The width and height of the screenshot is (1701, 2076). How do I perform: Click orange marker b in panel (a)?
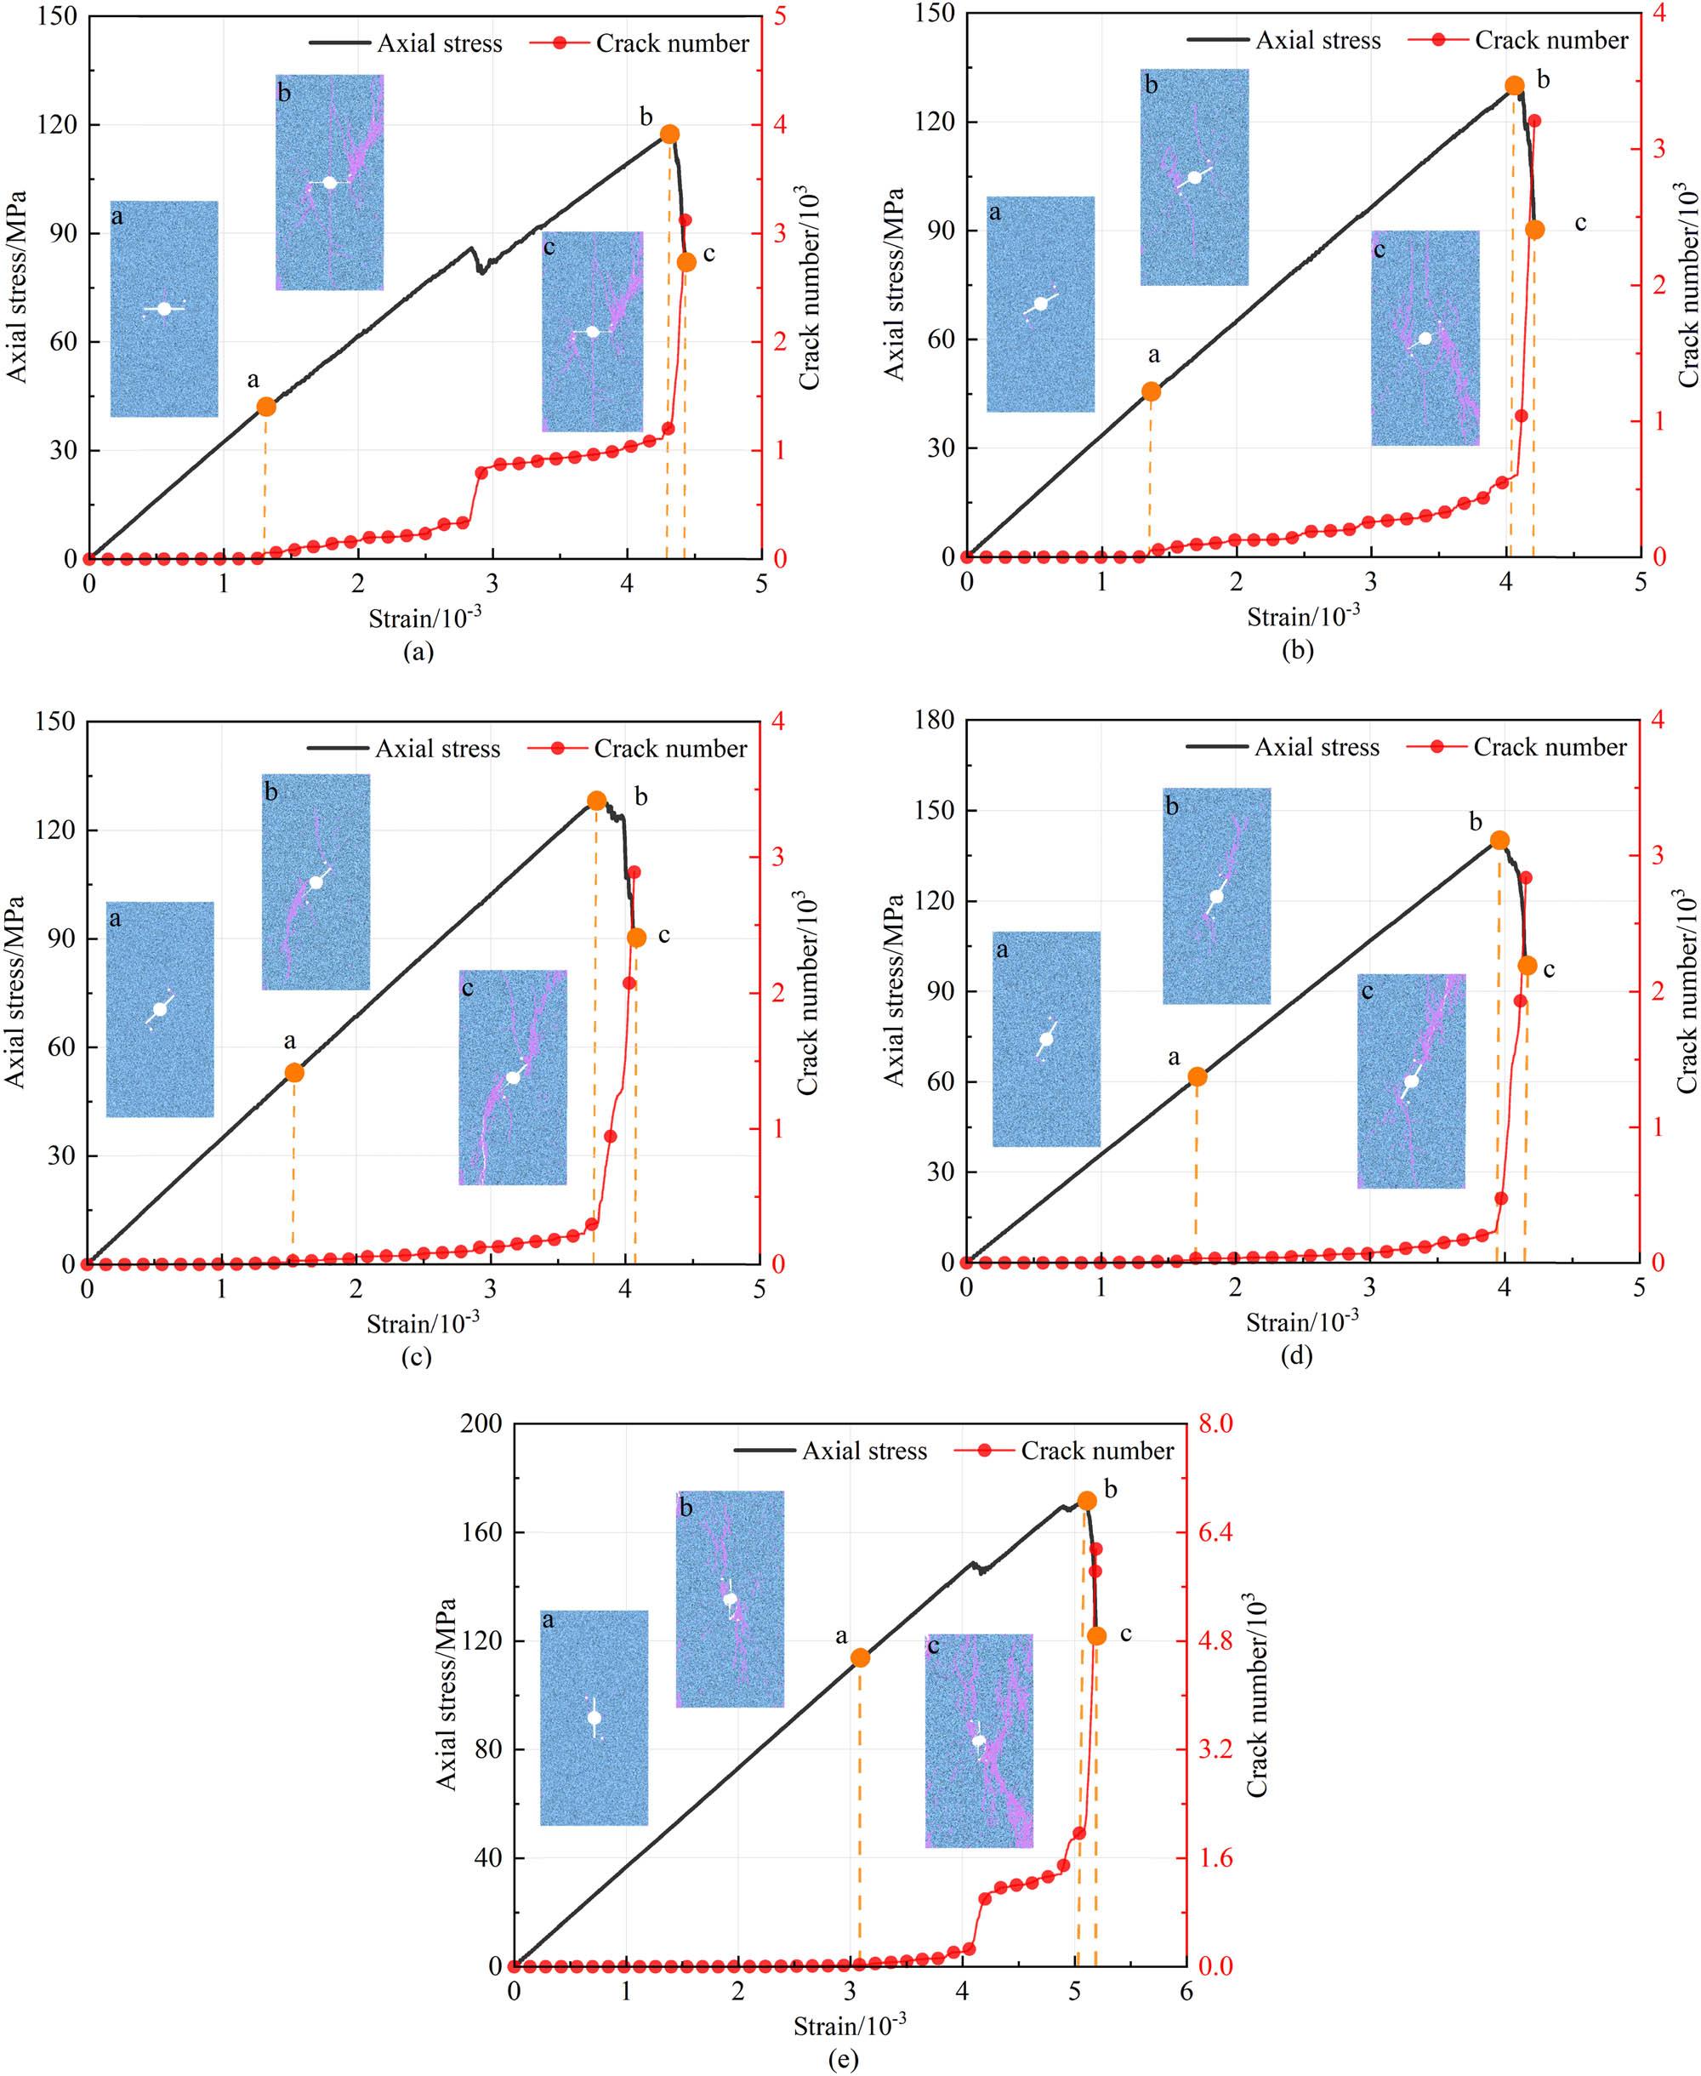pyautogui.click(x=669, y=134)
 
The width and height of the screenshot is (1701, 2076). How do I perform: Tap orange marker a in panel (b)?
pyautogui.click(x=1152, y=392)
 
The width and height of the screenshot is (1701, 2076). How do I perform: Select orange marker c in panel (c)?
pyautogui.click(x=637, y=937)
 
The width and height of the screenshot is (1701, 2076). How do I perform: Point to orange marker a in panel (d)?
pyautogui.click(x=1198, y=1076)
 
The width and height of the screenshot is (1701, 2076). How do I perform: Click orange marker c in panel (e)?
pyautogui.click(x=1096, y=1636)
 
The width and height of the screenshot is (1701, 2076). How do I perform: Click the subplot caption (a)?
pyautogui.click(x=418, y=652)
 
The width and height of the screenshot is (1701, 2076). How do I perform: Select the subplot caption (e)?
pyautogui.click(x=843, y=2059)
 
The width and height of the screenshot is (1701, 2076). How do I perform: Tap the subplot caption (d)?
pyautogui.click(x=1296, y=1355)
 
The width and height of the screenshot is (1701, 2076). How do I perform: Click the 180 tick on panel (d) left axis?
pyautogui.click(x=934, y=721)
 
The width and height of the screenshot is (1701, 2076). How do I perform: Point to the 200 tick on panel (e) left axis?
pyautogui.click(x=481, y=1423)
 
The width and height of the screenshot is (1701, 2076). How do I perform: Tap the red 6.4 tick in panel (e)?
pyautogui.click(x=1216, y=1532)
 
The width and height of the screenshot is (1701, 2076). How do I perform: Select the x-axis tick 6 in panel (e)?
pyautogui.click(x=1186, y=1991)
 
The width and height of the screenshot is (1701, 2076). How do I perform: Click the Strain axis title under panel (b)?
pyautogui.click(x=1303, y=617)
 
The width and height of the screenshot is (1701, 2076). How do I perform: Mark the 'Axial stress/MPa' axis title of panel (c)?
pyautogui.click(x=14, y=991)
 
